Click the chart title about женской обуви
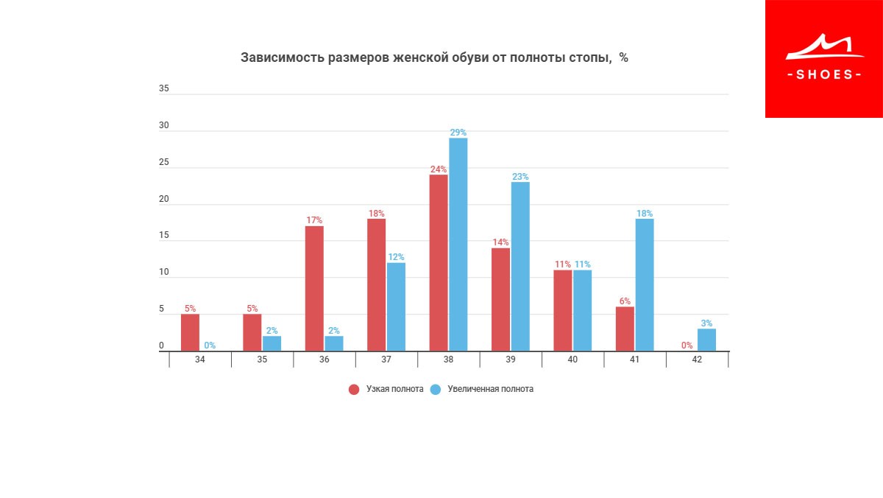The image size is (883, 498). pyautogui.click(x=434, y=57)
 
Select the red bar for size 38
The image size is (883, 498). pyautogui.click(x=439, y=262)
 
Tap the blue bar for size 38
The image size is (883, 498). pyautogui.click(x=458, y=245)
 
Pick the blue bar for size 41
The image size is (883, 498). pyautogui.click(x=645, y=284)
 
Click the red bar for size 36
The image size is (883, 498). pyautogui.click(x=314, y=288)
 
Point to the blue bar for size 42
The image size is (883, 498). pyautogui.click(x=706, y=340)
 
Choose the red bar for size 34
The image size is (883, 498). pyautogui.click(x=190, y=332)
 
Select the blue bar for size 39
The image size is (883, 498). pyautogui.click(x=520, y=266)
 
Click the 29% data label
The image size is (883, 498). pyautogui.click(x=458, y=133)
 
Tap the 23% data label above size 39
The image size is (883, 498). pyautogui.click(x=520, y=177)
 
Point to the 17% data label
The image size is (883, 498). pyautogui.click(x=314, y=220)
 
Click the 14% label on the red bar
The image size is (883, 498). pyautogui.click(x=500, y=242)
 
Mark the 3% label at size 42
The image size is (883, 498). pyautogui.click(x=706, y=323)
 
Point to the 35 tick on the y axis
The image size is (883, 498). pyautogui.click(x=163, y=88)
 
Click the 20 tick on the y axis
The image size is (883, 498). pyautogui.click(x=163, y=199)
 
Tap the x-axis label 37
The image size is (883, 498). pyautogui.click(x=386, y=360)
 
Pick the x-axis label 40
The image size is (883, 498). pyautogui.click(x=572, y=360)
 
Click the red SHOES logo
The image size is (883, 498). pyautogui.click(x=823, y=59)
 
